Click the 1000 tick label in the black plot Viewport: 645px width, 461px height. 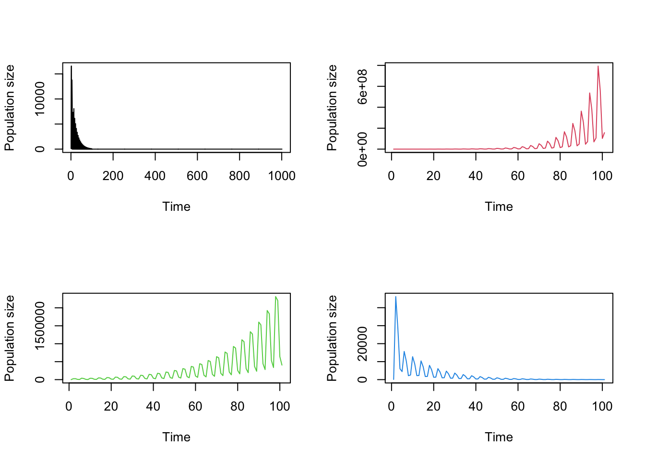point(282,176)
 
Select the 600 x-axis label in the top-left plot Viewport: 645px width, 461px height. point(197,176)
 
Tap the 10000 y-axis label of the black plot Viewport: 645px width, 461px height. point(40,98)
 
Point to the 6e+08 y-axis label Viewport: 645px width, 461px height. point(362,86)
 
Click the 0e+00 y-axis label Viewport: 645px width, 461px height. point(362,149)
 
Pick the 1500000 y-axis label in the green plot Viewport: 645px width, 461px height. point(40,326)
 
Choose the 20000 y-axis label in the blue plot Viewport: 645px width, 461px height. point(362,344)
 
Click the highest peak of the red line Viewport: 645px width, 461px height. point(598,66)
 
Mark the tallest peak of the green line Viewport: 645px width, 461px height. point(275,297)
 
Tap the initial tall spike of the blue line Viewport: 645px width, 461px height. point(395,297)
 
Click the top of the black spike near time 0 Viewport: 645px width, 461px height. point(71,66)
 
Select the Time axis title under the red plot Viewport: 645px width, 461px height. point(499,207)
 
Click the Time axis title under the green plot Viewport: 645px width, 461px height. point(176,437)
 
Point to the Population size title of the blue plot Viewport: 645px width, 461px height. point(332,338)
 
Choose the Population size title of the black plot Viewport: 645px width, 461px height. point(9,108)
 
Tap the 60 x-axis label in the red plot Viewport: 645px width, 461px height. point(518,176)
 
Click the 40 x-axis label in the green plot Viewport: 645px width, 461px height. point(153,407)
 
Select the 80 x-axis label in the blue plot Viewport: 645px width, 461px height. point(560,407)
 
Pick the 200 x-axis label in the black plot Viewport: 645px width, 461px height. point(113,176)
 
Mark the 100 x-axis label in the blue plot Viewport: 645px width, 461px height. point(602,407)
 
